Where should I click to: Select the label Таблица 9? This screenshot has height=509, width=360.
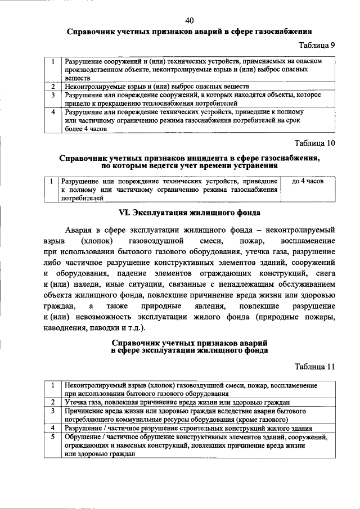click(x=316, y=46)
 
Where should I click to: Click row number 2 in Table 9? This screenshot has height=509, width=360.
click(x=52, y=87)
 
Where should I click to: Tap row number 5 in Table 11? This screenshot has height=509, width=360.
click(x=52, y=436)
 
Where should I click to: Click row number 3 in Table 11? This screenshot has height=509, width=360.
click(x=52, y=411)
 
